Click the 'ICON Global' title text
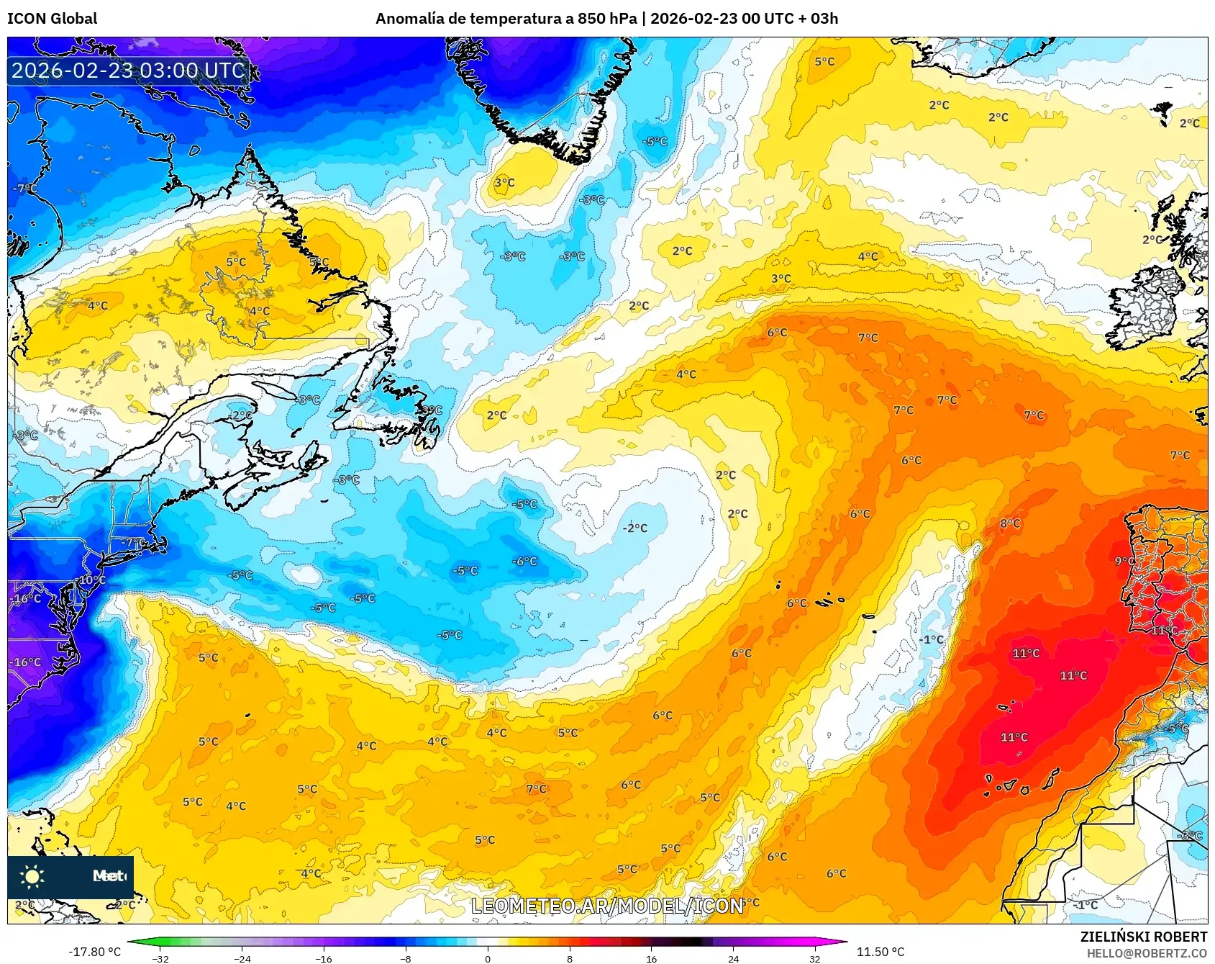click(52, 19)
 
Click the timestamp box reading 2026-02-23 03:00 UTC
click(128, 71)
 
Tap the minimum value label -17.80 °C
click(94, 952)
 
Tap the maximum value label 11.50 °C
click(880, 952)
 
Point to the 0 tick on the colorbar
click(488, 958)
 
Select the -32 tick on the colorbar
click(161, 958)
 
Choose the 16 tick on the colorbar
click(651, 958)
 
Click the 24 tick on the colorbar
click(733, 958)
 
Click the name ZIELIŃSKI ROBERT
click(1143, 937)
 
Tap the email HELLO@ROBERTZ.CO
click(1147, 953)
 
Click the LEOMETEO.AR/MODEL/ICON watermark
click(607, 906)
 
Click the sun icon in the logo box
click(32, 876)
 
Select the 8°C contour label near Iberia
click(1010, 523)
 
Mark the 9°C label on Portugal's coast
click(1124, 561)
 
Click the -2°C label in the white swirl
click(634, 528)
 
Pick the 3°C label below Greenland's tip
click(504, 183)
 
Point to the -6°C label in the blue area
click(524, 562)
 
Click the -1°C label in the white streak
click(931, 639)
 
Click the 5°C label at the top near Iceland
click(824, 62)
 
